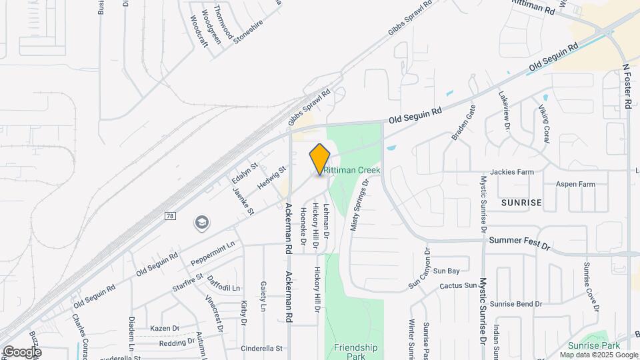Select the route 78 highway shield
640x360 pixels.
tap(170, 216)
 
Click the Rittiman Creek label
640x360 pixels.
tap(353, 171)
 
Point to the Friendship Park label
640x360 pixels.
tap(355, 351)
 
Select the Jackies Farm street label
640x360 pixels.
tap(512, 172)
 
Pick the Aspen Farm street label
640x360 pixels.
tap(576, 184)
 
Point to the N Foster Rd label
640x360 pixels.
tap(627, 87)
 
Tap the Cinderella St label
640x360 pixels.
tap(262, 348)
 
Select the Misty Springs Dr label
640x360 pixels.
tap(359, 206)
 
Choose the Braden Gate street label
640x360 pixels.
tap(464, 123)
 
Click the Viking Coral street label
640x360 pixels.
tap(545, 124)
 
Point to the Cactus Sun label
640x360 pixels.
tap(458, 286)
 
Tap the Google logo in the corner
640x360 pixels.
tap(22, 351)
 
